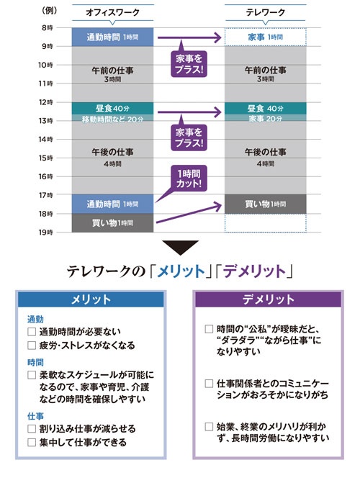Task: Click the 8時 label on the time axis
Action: [47, 28]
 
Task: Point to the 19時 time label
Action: [45, 233]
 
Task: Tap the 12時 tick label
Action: [45, 102]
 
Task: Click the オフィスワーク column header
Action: [112, 12]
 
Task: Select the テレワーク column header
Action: [266, 12]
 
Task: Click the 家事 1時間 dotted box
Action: [266, 37]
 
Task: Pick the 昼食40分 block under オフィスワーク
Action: [112, 109]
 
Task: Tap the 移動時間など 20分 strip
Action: [112, 118]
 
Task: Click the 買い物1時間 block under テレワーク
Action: [266, 204]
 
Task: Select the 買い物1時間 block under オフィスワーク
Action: [112, 222]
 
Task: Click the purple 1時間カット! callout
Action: [189, 179]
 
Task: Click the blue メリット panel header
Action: [91, 299]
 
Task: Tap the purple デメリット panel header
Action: [268, 299]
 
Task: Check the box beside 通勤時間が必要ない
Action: [32, 332]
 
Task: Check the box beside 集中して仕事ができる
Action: [32, 443]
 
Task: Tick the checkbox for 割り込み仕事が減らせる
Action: [32, 429]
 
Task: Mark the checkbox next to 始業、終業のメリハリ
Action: [209, 427]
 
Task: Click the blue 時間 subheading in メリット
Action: [35, 363]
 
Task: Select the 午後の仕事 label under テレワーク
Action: [266, 152]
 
